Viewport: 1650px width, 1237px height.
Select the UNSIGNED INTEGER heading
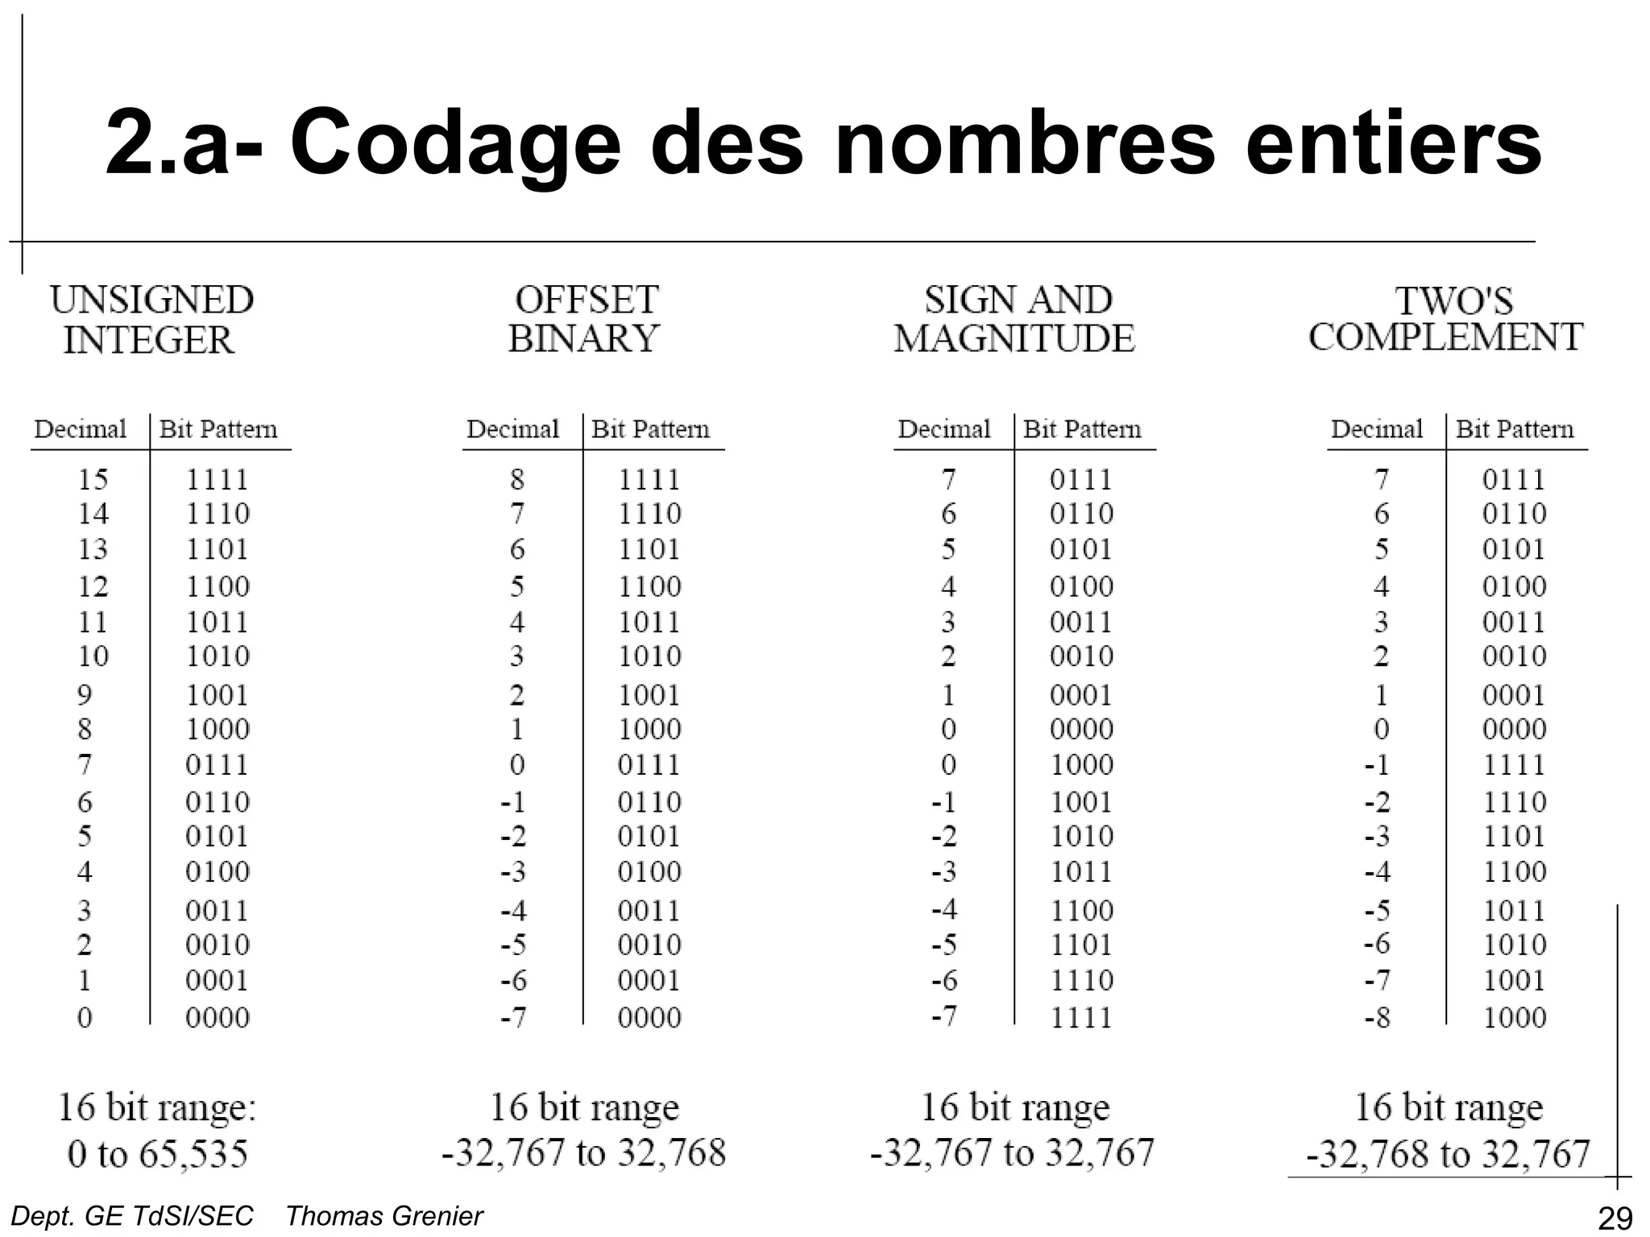pos(151,320)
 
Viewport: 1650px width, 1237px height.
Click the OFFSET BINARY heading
pos(585,320)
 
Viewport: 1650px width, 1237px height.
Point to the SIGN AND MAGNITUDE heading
pos(1015,320)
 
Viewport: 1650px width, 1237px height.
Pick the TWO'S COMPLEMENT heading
pos(1446,320)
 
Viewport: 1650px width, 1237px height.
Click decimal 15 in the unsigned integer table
pos(93,479)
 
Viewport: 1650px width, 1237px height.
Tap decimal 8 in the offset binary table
pos(517,479)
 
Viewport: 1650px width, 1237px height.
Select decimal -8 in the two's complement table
pos(1378,1018)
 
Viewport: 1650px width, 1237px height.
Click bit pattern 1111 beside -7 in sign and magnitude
pos(1082,1018)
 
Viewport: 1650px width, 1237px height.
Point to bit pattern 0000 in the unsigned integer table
pos(218,1018)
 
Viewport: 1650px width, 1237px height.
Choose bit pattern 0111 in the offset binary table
pos(649,764)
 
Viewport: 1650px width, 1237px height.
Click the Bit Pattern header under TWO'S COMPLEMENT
pos(1515,428)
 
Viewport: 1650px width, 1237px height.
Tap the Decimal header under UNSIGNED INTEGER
pos(81,428)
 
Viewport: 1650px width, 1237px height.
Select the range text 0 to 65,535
pos(158,1154)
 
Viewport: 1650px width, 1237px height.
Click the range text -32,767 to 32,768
pos(584,1152)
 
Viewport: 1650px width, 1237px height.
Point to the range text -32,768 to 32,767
pos(1449,1154)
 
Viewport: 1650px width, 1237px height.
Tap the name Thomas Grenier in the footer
pos(384,1216)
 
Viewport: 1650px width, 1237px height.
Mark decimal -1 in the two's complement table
pos(1378,764)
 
